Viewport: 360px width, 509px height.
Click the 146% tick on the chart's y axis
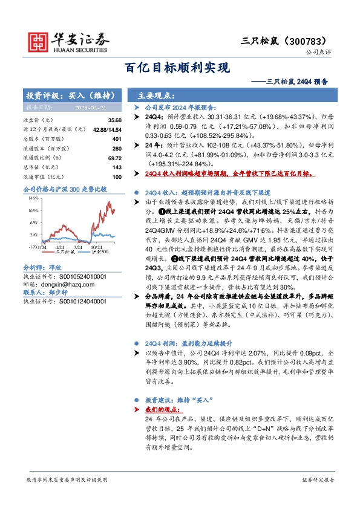click(x=34, y=198)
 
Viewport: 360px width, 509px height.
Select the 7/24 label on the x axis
click(x=77, y=247)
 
